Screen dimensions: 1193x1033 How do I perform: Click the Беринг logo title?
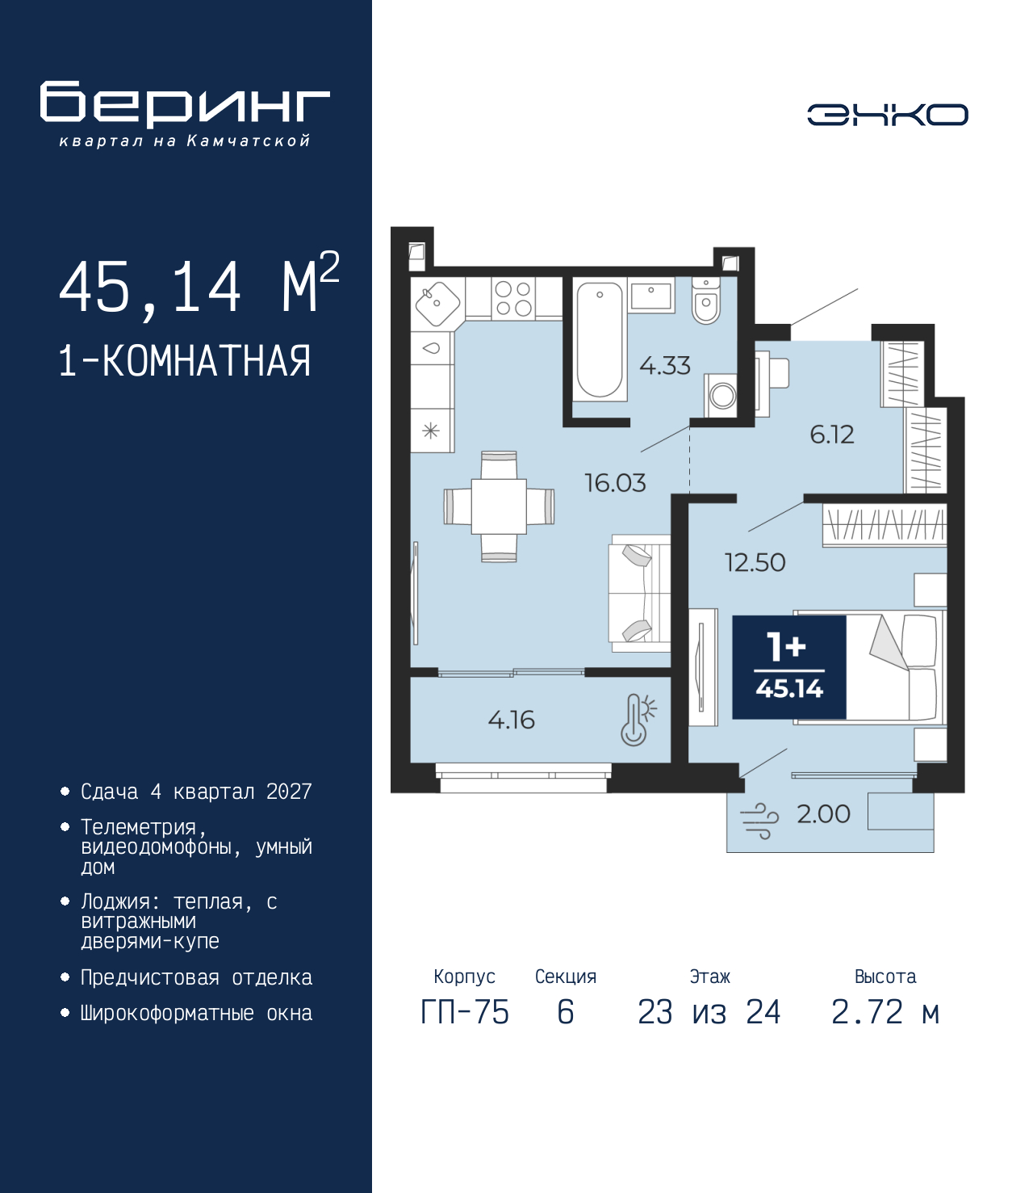[x=185, y=104]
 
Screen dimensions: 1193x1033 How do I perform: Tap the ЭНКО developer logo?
[x=887, y=115]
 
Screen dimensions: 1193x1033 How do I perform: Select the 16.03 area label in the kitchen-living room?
[x=615, y=483]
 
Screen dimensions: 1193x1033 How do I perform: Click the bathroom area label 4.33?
[x=665, y=366]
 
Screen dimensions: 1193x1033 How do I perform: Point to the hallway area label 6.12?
[x=831, y=435]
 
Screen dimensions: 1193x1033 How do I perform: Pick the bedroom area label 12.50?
[x=755, y=562]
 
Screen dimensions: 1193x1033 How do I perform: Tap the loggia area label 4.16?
[x=511, y=720]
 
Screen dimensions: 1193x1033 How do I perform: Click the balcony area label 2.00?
[x=823, y=813]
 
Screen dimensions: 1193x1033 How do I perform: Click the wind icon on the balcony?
[x=759, y=821]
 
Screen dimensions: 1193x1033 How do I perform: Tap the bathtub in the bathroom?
[x=600, y=339]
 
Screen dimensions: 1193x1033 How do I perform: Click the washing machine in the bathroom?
[x=722, y=395]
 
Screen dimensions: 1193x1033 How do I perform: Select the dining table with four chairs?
[x=499, y=506]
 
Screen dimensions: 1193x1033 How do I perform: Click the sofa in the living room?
[x=639, y=593]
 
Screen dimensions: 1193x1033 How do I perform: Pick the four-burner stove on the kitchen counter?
[x=513, y=298]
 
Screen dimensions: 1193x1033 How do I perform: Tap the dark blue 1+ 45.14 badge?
[x=788, y=667]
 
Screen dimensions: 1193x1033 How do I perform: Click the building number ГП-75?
[x=465, y=1012]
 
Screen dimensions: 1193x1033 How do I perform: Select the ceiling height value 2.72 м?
[x=885, y=1012]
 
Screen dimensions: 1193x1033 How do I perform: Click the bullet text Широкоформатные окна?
[x=196, y=1013]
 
